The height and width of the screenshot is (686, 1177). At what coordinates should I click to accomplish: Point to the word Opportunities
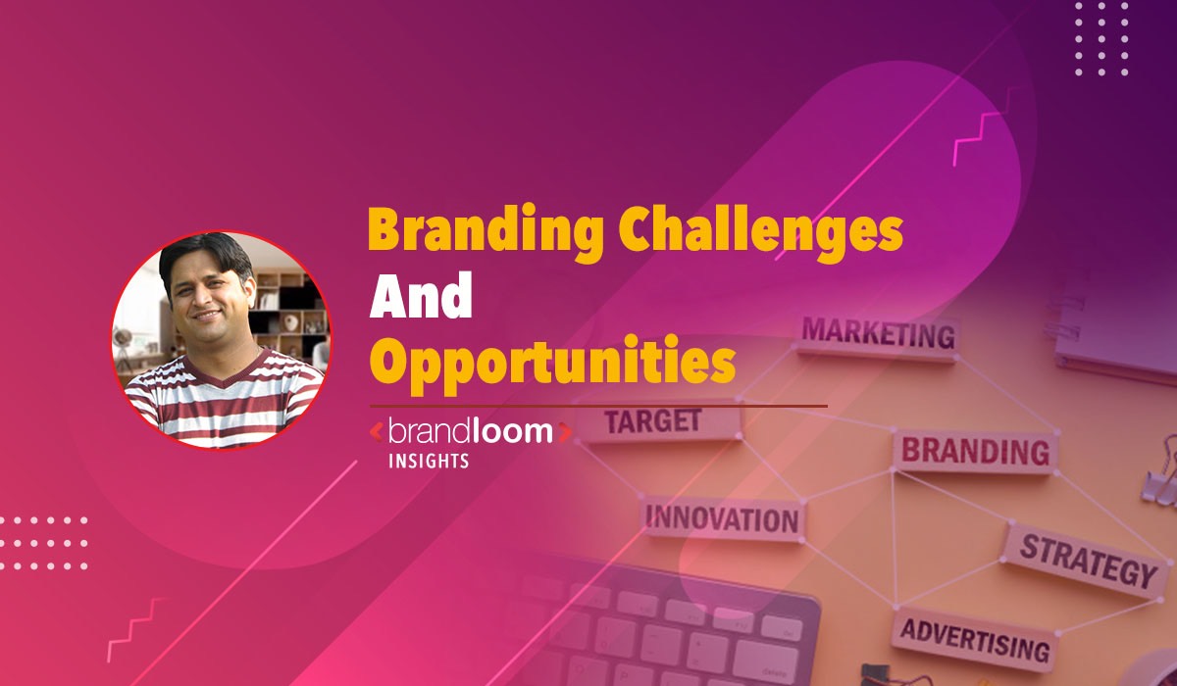(x=551, y=364)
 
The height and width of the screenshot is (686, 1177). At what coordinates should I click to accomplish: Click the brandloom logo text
(x=469, y=431)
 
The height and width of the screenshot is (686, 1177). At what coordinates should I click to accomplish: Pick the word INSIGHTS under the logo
(x=426, y=461)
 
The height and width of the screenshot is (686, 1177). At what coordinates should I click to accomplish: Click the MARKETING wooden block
(x=878, y=335)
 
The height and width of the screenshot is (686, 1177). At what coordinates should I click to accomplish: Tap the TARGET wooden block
(x=653, y=422)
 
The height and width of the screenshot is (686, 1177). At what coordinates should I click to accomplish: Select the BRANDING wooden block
(x=974, y=451)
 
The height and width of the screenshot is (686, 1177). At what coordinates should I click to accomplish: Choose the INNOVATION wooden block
(x=722, y=517)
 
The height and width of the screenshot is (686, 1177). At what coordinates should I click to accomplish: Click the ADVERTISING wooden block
(x=974, y=639)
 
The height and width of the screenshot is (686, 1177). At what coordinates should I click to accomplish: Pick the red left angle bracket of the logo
(x=376, y=432)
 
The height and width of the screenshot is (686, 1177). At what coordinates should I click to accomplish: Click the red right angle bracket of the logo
(x=564, y=432)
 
